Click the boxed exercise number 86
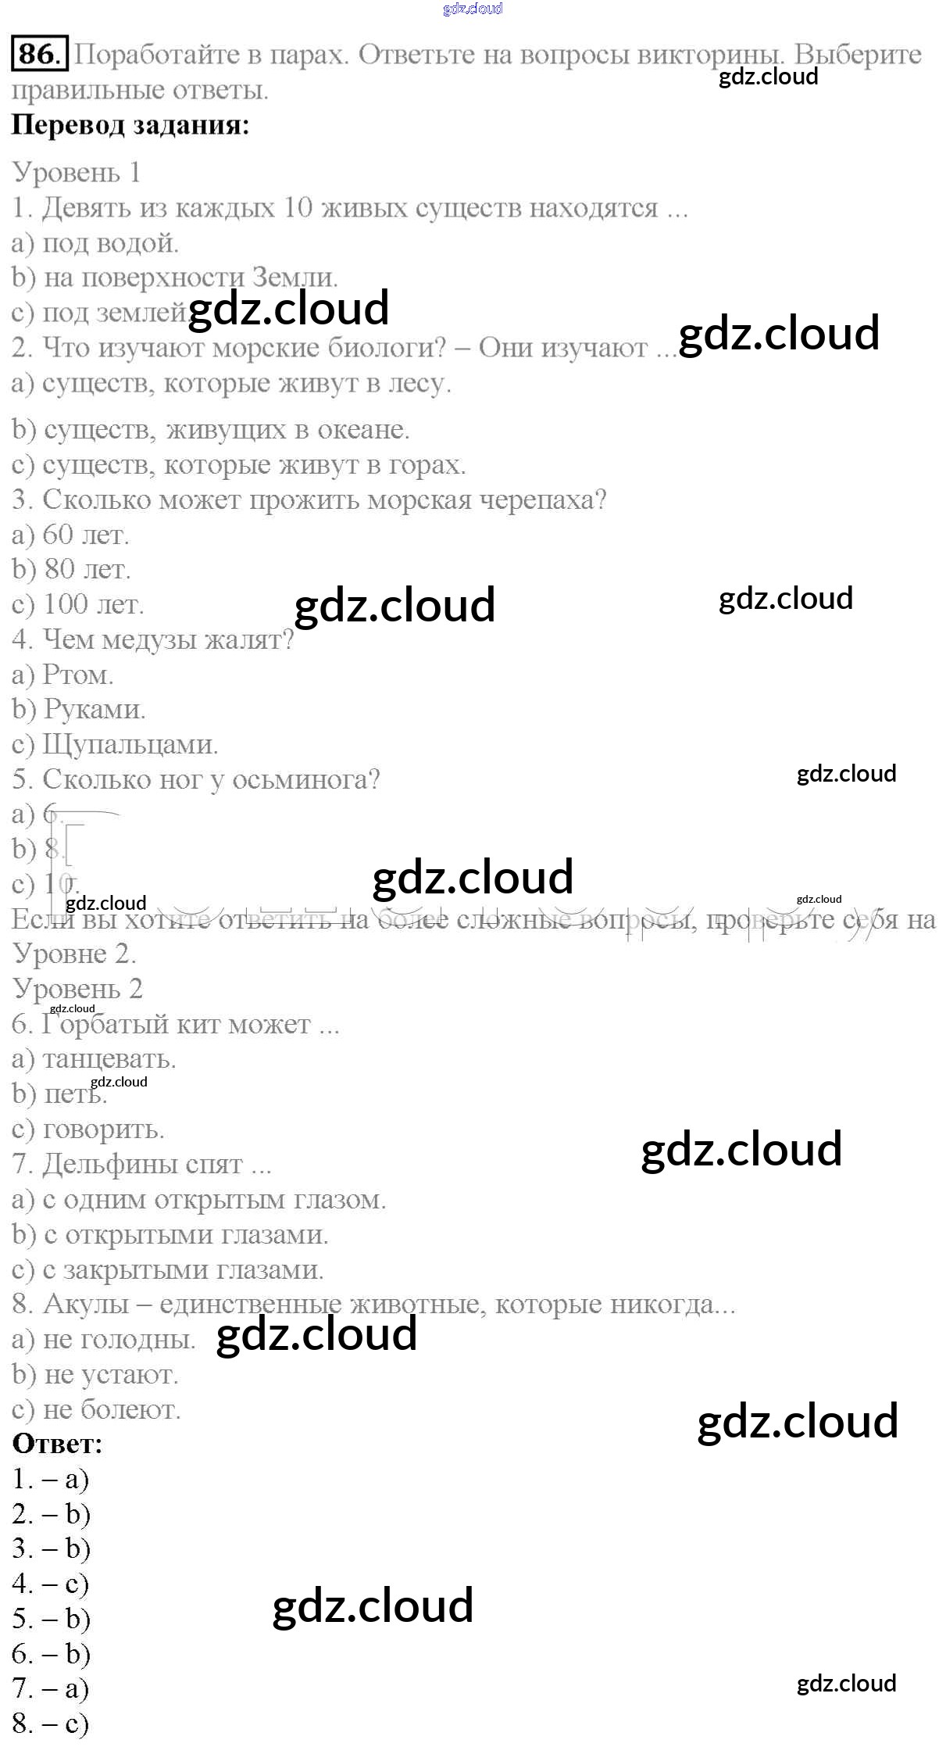tap(39, 53)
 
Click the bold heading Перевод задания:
tap(130, 125)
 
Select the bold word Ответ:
tap(57, 1444)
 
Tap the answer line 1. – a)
tap(51, 1479)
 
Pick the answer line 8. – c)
tap(51, 1724)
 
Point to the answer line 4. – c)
tap(51, 1584)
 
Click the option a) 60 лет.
tap(70, 535)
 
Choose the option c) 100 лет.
tap(77, 604)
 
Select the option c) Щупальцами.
tap(115, 744)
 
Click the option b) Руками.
tap(79, 709)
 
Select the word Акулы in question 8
tap(86, 1304)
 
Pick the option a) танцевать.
tap(94, 1059)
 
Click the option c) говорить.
tap(87, 1129)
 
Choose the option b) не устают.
tap(95, 1374)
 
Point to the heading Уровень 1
tap(77, 172)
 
